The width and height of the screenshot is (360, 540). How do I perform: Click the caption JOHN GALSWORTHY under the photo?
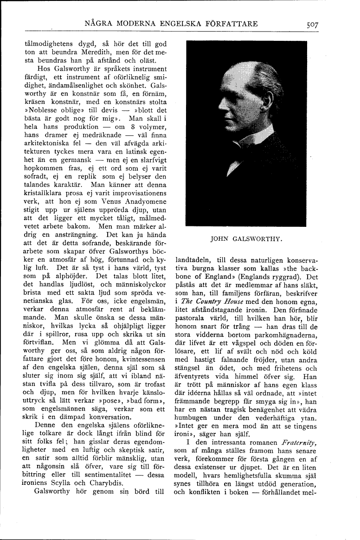click(x=246, y=239)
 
